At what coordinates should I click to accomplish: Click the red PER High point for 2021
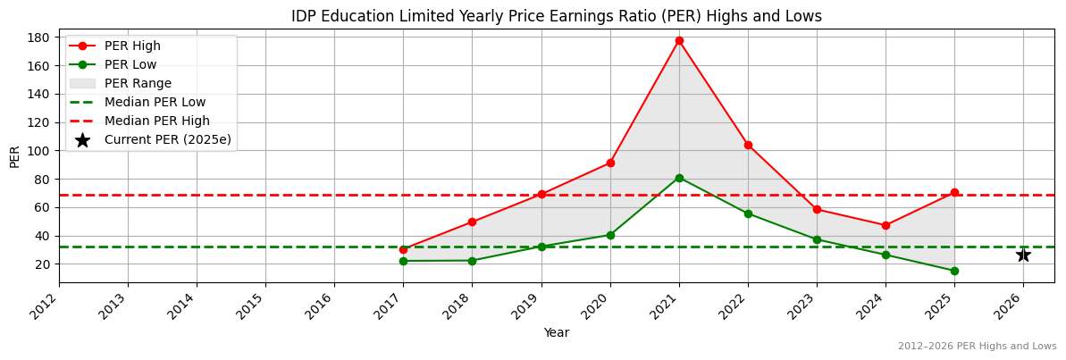pos(679,40)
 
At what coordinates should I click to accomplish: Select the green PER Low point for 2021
pos(679,178)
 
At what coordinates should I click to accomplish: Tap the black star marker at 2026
pos(1023,255)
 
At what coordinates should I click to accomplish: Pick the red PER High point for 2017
pos(403,249)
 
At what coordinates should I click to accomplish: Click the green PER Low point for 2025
pos(954,271)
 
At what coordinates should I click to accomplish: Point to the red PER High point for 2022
pos(748,145)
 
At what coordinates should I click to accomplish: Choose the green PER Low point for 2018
pos(472,261)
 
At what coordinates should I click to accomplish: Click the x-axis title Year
pos(556,332)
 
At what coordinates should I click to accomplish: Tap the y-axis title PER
pos(14,156)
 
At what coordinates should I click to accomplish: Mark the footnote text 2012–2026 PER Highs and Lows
pos(977,346)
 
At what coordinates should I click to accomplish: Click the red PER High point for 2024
pos(886,225)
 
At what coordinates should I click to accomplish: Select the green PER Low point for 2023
pos(817,239)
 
